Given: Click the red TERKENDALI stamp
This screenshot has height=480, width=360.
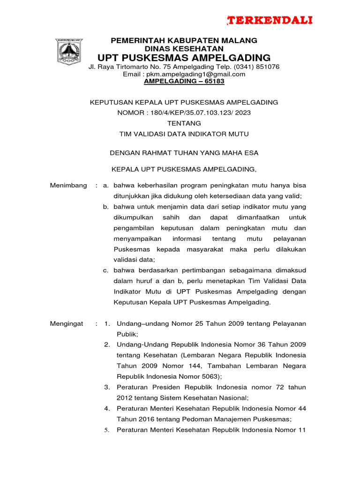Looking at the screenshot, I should click(270, 20).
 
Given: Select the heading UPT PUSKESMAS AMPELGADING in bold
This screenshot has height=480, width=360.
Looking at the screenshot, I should click(184, 58).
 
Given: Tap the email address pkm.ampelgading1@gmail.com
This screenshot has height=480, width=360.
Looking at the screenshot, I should click(197, 74).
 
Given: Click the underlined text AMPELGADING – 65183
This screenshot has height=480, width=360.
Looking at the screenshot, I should click(184, 81).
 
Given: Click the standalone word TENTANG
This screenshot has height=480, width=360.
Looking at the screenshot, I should click(184, 123).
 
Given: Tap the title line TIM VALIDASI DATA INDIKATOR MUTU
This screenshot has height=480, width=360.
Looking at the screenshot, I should click(184, 134).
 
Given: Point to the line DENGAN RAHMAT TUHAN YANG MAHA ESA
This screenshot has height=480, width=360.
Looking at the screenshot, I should click(184, 152).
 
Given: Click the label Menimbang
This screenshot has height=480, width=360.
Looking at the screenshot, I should click(68, 186).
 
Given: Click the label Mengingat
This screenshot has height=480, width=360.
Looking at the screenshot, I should click(67, 324).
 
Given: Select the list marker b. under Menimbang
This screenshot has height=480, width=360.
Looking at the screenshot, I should click(106, 207).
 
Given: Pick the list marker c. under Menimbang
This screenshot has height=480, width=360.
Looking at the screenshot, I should click(106, 270).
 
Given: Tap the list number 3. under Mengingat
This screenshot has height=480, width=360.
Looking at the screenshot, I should click(107, 387).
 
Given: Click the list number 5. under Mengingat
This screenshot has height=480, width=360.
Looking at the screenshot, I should click(107, 430).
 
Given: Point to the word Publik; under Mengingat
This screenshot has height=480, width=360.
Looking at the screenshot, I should click(127, 335).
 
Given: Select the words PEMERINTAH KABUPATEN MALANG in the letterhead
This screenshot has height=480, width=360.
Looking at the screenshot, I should click(184, 41).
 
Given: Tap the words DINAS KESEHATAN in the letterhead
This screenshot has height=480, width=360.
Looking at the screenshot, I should click(184, 49).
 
